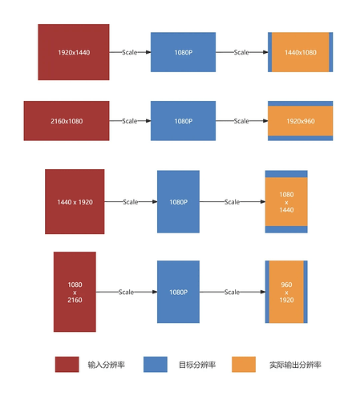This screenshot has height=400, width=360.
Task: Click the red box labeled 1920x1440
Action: (74, 52)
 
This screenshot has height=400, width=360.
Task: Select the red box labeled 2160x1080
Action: (67, 121)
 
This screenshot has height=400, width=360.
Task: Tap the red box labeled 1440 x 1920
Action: (75, 201)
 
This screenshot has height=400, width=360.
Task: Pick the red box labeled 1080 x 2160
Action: (75, 292)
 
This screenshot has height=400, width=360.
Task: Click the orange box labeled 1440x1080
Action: (301, 52)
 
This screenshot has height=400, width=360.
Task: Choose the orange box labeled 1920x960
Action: (301, 121)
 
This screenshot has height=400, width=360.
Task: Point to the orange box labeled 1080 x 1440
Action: (286, 202)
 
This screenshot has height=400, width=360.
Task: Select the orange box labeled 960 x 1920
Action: (286, 292)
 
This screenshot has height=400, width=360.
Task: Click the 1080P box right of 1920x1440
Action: (183, 52)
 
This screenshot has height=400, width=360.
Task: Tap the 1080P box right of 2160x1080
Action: (183, 121)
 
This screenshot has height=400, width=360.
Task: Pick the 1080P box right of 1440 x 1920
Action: (178, 202)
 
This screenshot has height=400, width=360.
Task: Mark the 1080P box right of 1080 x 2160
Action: (178, 292)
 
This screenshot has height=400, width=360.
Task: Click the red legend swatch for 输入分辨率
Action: (67, 365)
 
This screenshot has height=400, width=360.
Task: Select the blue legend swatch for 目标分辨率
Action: (156, 365)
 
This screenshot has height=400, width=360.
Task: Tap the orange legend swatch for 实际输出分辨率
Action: (244, 365)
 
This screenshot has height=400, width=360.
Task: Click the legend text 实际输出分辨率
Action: (295, 365)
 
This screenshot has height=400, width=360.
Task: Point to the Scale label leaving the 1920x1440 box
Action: (130, 52)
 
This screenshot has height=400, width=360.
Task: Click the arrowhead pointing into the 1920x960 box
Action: (265, 121)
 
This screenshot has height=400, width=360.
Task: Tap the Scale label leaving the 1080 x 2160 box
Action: (126, 292)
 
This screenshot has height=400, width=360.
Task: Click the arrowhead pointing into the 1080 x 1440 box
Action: (263, 202)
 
